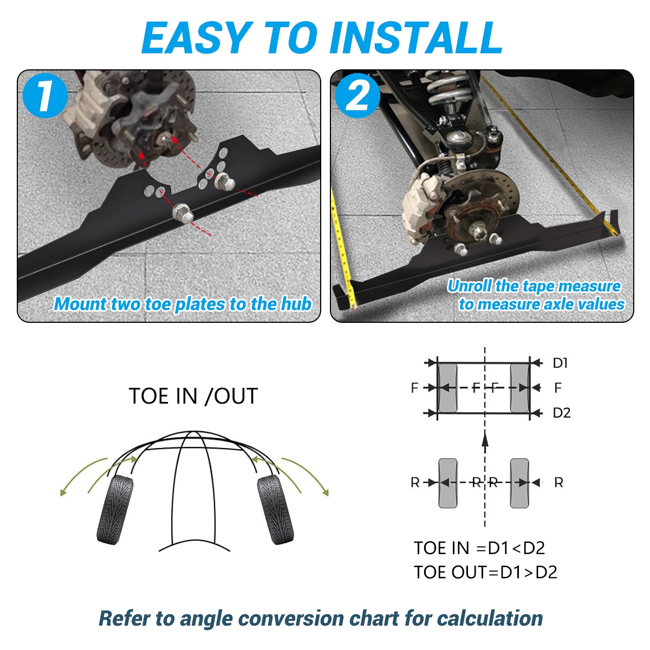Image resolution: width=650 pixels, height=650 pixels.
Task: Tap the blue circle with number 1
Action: tap(45, 95)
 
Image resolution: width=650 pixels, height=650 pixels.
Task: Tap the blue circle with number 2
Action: tap(357, 95)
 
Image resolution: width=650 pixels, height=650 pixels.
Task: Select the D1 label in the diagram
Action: tap(560, 363)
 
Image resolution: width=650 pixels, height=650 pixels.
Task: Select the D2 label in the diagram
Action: tap(561, 413)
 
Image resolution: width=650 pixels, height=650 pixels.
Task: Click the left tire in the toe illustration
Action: tap(115, 510)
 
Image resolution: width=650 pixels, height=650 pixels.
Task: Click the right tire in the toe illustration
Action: tap(275, 510)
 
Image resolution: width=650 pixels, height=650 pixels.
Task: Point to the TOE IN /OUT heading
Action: tap(193, 396)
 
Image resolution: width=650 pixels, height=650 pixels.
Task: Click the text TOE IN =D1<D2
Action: tap(479, 548)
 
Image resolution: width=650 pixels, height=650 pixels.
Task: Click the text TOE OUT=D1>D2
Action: tap(485, 573)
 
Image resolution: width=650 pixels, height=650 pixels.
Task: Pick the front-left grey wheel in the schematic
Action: tap(447, 388)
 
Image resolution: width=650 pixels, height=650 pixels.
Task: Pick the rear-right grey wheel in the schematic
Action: tap(519, 483)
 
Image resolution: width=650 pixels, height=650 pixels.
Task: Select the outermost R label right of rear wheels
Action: tap(558, 483)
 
